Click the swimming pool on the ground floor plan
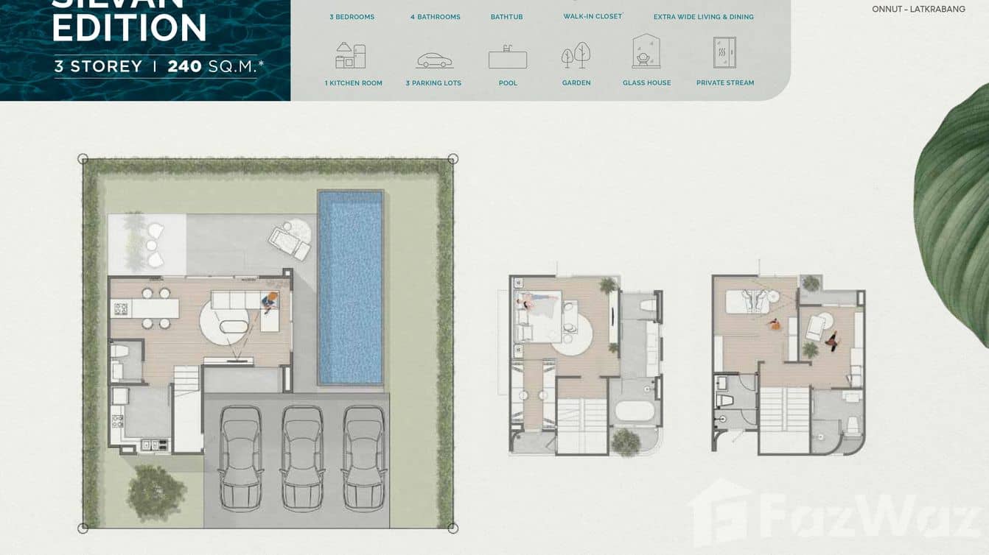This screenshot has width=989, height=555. pos(351,287)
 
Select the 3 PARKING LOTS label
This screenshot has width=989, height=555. pos(433,83)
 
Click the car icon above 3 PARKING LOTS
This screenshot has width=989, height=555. pos(434,60)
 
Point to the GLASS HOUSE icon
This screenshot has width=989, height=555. pos(646,52)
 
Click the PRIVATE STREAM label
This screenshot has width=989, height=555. pos(725,83)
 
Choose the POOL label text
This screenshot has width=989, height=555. pos(508,83)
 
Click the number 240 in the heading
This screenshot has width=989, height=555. pos(184,66)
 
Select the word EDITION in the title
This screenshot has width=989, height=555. pos(130,28)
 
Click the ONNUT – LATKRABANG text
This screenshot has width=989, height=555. pos(918,10)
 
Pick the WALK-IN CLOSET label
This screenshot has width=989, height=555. pos(593,16)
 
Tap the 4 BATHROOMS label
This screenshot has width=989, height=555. pos(435,17)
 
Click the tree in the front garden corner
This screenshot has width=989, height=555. pos(155,492)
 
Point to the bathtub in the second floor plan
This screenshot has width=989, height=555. pos(635,409)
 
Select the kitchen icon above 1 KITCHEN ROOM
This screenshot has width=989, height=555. pos(351,56)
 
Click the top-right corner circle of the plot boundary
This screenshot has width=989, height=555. pos(453,159)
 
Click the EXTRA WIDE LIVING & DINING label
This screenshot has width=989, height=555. pos(703,17)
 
